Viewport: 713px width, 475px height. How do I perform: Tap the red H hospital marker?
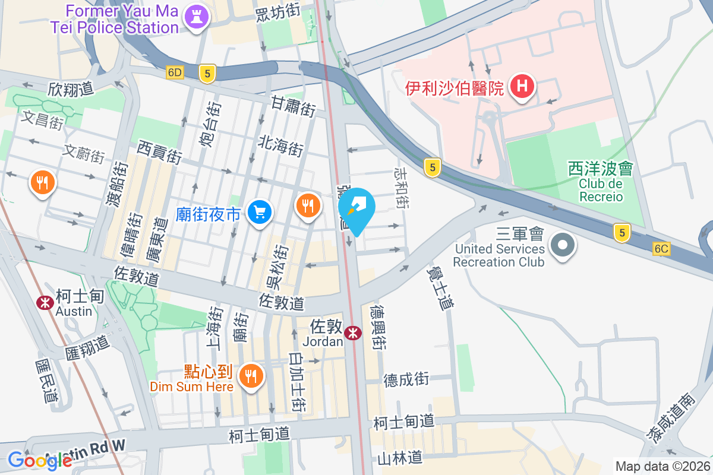(x=522, y=87)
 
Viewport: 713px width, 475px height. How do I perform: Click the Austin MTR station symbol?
(x=45, y=302)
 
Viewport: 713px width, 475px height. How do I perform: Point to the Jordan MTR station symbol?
(x=353, y=333)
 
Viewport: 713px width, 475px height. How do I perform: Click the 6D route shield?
(x=175, y=72)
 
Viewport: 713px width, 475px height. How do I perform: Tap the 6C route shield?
(x=661, y=249)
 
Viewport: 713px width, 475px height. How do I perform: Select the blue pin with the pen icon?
(x=356, y=209)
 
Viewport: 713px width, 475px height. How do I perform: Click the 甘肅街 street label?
(x=292, y=106)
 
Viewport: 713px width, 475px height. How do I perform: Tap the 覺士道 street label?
(x=440, y=287)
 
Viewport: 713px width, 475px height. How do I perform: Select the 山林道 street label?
(x=400, y=458)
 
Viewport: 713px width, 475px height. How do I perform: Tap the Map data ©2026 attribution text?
(x=662, y=466)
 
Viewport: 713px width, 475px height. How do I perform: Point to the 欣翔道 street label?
(x=71, y=89)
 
